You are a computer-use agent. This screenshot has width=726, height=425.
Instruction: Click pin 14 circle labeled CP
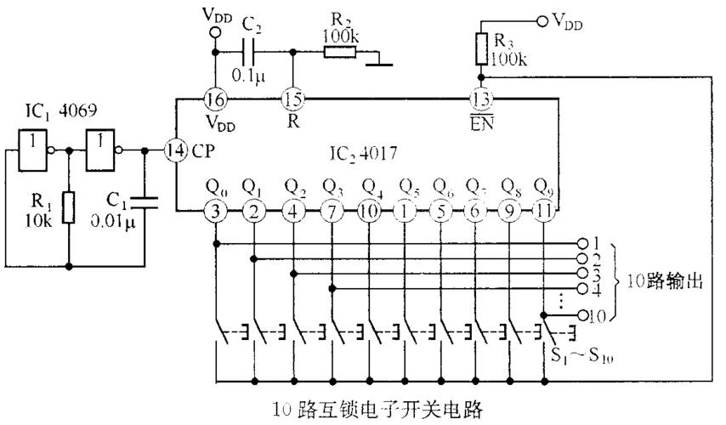pos(175,150)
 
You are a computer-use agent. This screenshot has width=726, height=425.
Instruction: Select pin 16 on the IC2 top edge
pos(215,99)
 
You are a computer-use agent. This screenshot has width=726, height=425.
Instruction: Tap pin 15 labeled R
pos(292,99)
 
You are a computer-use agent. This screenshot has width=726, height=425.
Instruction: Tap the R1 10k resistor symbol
pos(69,206)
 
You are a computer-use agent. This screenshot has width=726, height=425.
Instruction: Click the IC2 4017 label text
pos(360,155)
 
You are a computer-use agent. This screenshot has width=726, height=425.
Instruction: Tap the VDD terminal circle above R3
pos(540,19)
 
